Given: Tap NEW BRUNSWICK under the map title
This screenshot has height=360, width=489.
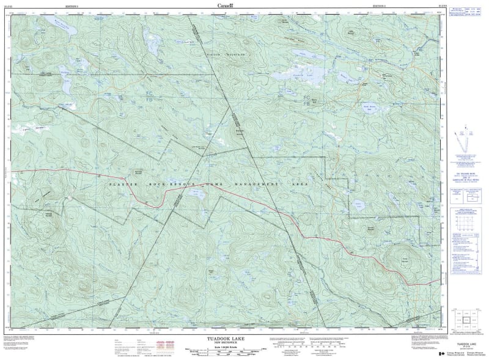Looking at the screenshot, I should (224, 342).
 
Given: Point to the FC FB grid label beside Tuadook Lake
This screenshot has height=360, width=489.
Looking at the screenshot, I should (306, 101).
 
